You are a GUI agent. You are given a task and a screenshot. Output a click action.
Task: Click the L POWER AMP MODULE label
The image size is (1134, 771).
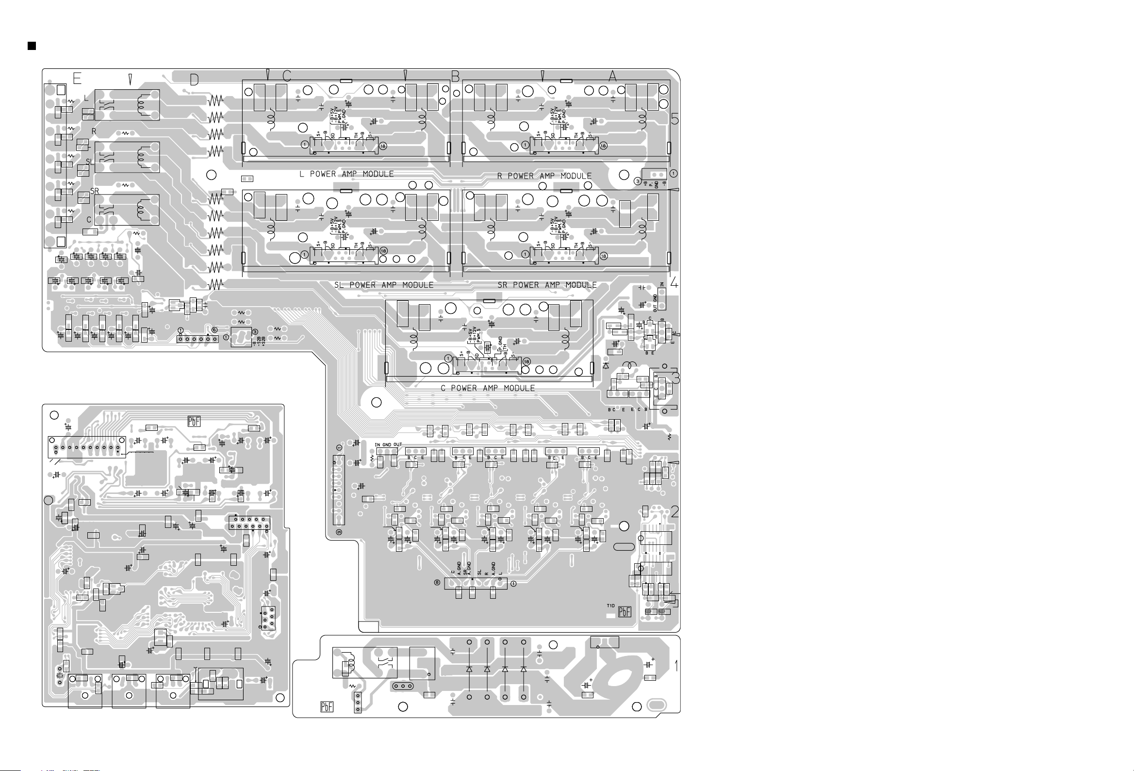click(x=346, y=174)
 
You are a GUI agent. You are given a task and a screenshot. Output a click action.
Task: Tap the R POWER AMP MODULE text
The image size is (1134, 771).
click(x=544, y=176)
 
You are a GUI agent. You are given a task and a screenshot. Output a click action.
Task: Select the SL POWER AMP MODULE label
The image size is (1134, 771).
click(x=383, y=285)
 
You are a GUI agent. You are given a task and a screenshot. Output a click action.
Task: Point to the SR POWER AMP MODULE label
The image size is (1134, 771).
click(x=547, y=285)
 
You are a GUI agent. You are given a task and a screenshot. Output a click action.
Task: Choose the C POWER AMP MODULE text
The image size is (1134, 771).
click(x=488, y=389)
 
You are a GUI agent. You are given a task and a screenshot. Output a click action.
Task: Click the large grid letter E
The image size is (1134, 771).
click(x=77, y=79)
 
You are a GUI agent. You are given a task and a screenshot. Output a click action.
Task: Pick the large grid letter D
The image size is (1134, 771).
click(x=194, y=80)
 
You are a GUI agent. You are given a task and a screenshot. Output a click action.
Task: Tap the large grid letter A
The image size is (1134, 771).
click(x=612, y=76)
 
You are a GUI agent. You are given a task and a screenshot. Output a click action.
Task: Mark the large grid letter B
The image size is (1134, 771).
click(x=455, y=77)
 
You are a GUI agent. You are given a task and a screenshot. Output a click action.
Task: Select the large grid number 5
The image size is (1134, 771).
click(x=675, y=119)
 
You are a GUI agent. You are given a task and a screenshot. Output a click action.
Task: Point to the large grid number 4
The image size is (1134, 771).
click(x=674, y=282)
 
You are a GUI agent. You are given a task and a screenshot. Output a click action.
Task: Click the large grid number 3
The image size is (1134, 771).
click(x=676, y=378)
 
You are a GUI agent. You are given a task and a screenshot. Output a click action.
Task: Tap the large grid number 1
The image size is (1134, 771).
click(x=676, y=666)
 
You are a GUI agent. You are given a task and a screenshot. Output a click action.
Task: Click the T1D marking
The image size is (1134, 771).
click(x=611, y=606)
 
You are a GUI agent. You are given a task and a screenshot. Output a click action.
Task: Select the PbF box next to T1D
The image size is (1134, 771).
click(x=625, y=612)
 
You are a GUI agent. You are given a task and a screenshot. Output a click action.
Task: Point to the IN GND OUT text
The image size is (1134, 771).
click(x=388, y=444)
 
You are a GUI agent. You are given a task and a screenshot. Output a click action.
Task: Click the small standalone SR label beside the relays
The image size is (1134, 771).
click(x=95, y=192)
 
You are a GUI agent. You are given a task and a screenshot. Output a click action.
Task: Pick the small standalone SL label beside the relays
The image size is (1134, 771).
click(x=90, y=162)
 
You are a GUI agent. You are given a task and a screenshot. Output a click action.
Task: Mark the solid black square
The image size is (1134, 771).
click(x=32, y=46)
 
